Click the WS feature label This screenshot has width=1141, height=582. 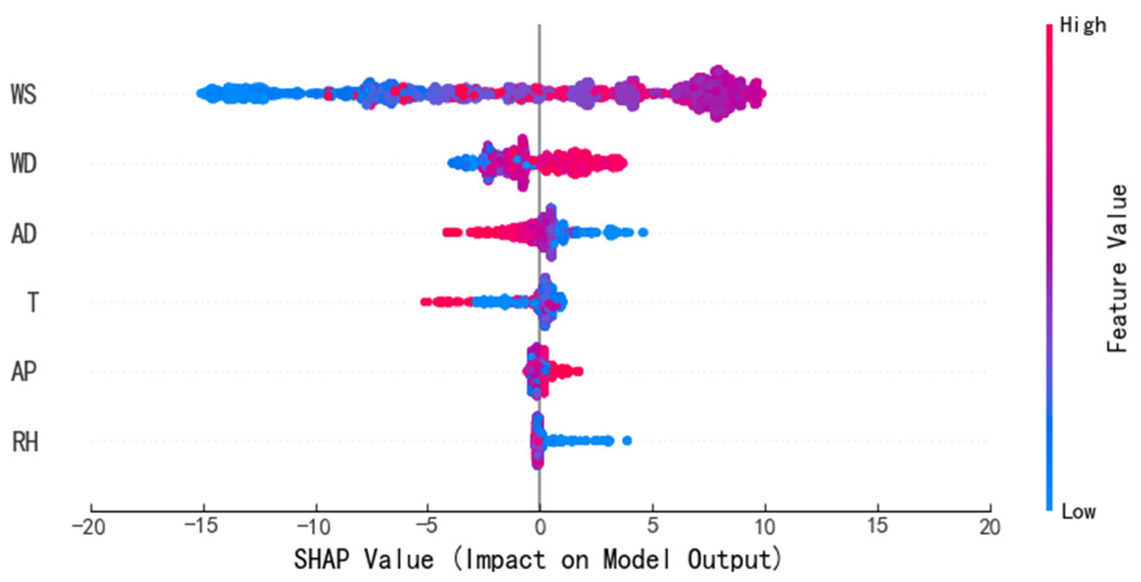24,94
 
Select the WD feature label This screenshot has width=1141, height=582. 24,163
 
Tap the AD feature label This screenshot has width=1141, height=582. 24,233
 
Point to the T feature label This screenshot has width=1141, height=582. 33,302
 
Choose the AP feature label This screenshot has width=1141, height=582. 24,371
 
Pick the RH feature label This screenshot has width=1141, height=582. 25,442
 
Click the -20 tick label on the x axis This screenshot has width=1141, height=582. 89,527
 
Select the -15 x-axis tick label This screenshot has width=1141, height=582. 201,526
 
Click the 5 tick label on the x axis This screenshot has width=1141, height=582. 652,526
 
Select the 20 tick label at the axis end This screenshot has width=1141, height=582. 990,527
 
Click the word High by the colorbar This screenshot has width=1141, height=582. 1083,25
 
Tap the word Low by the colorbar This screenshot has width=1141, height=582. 1078,512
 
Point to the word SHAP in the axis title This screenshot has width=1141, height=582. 321,560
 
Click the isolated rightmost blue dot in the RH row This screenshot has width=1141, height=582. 627,441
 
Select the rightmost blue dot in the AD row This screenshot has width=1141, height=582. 643,233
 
